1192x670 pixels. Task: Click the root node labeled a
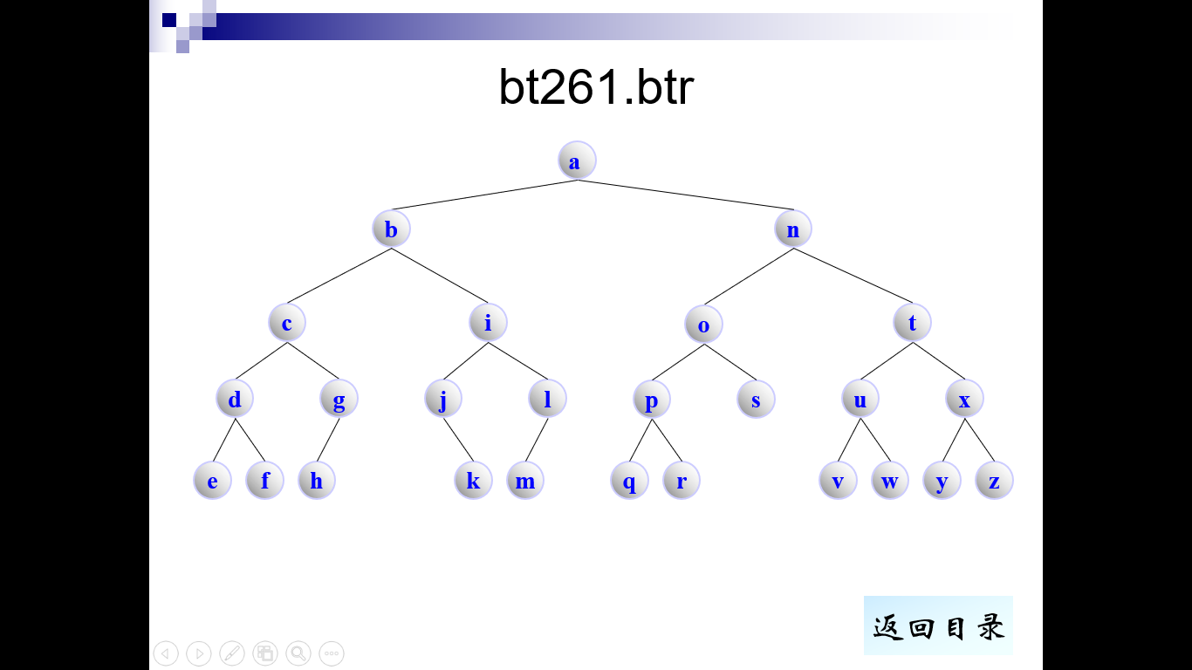coord(577,161)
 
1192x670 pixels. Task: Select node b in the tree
coord(391,229)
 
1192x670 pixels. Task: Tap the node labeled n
coord(793,229)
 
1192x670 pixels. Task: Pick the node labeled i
coord(488,323)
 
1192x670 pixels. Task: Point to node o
coord(704,325)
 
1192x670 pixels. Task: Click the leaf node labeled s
coord(756,400)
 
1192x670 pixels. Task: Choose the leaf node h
coord(317,481)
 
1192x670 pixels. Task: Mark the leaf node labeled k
coord(473,481)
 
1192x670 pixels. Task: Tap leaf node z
coord(994,481)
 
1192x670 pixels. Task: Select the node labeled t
coord(913,323)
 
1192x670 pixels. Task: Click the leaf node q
coord(629,481)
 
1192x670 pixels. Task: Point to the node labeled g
coord(339,400)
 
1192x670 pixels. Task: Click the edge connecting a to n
coord(685,195)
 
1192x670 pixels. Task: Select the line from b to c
coord(339,276)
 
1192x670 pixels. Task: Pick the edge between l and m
coord(537,441)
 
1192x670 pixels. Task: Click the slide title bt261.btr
coord(596,87)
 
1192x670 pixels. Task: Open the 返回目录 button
coord(938,626)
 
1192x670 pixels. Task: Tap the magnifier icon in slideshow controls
coord(298,653)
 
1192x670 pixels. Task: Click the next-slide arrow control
coord(199,653)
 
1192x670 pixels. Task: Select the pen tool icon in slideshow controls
coord(232,653)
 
